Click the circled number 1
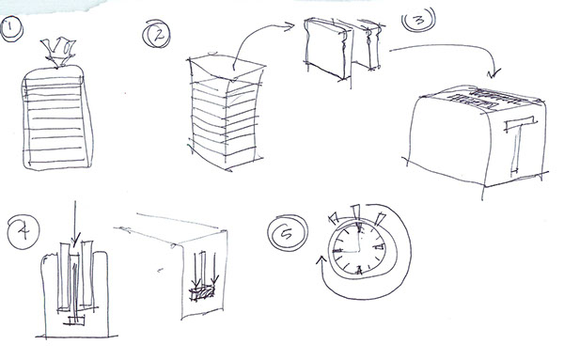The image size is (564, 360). point(11,29)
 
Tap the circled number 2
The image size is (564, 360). point(156,34)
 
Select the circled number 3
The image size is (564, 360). point(418,19)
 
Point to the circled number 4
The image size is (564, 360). point(23,232)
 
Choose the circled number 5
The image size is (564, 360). point(288,233)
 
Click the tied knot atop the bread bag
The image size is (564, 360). point(58,52)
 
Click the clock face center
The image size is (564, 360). point(359,251)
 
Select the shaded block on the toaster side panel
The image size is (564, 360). point(202,292)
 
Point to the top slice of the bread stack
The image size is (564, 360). point(227,68)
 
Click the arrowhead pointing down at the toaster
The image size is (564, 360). point(494,73)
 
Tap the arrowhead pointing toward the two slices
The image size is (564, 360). point(290,26)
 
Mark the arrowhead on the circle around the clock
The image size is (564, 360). point(321,259)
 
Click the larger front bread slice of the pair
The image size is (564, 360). point(326,48)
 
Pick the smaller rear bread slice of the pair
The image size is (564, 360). point(369,44)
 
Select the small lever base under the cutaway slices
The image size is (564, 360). point(74,321)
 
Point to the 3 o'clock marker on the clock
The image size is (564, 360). point(380,246)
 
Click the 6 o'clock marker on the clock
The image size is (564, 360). point(359,270)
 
